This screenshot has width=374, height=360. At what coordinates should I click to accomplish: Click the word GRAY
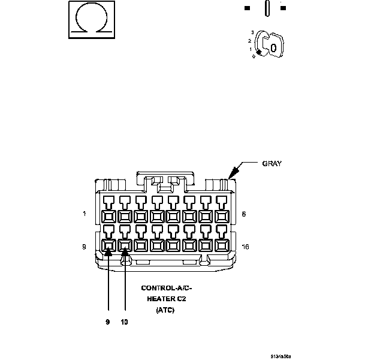point(272,163)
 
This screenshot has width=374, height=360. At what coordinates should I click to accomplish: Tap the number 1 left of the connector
point(85,214)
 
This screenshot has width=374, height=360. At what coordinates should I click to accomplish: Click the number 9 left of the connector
point(85,246)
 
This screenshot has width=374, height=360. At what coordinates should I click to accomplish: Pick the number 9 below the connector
point(108,322)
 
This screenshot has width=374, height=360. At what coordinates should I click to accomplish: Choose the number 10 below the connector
point(124,322)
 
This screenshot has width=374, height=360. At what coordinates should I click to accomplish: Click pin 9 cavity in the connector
point(108,245)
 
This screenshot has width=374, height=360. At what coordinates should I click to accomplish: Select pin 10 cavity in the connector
point(125,245)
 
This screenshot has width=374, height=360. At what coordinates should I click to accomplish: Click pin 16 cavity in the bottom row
point(221,245)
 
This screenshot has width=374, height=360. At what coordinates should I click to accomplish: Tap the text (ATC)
point(165,310)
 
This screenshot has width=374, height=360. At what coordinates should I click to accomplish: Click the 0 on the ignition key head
point(273,47)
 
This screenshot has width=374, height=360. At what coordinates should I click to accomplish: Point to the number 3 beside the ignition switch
point(252,32)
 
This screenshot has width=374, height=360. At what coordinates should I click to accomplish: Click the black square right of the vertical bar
point(283,8)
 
